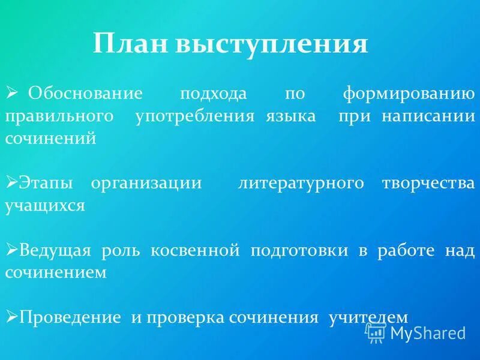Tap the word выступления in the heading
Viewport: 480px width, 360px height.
(271, 44)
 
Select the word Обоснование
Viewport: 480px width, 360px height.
(85, 94)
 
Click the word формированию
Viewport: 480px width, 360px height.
(409, 94)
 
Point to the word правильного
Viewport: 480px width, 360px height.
(59, 116)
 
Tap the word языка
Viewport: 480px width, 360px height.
(291, 116)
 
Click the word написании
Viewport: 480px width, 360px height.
(428, 116)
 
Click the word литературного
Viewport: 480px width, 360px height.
(301, 183)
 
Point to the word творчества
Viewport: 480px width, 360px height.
(428, 183)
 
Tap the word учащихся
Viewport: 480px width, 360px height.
(45, 205)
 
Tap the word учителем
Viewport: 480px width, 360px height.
(368, 317)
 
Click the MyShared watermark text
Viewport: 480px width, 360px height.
(427, 332)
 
